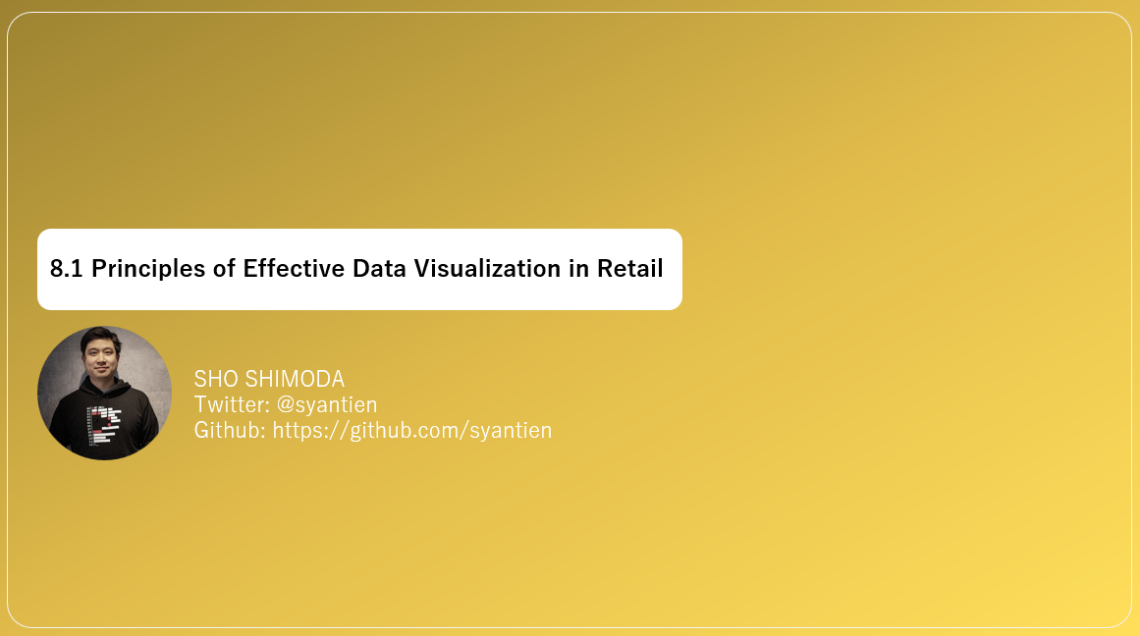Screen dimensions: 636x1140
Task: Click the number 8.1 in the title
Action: [67, 269]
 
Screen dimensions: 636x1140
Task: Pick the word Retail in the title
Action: [630, 269]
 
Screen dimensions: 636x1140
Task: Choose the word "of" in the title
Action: [224, 269]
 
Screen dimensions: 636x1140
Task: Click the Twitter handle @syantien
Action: [327, 404]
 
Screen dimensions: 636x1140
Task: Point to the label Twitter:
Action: [233, 404]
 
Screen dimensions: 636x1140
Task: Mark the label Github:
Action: [230, 430]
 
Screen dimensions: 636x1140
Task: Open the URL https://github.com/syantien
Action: [411, 430]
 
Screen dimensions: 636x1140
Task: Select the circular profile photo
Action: [104, 393]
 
